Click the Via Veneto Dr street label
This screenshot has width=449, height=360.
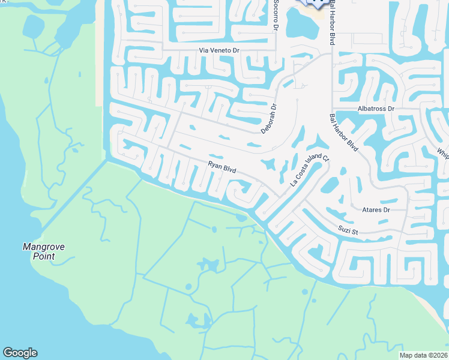pos(219,51)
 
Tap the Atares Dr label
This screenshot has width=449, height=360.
pos(376,210)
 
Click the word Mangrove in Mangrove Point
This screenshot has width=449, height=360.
pos(43,247)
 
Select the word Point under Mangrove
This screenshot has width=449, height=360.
pos(44,256)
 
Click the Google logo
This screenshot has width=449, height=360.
pos(20,353)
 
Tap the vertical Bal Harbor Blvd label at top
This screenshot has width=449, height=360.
pos(331,22)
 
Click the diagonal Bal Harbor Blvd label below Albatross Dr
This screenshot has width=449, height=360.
pos(345,133)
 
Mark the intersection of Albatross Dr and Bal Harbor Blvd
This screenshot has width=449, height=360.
pos(332,112)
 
